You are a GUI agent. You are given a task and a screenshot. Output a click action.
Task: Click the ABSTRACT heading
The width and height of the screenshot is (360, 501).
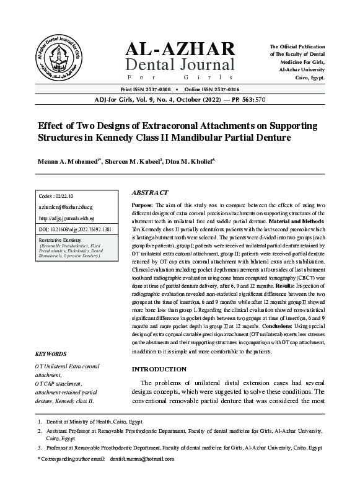(x=150, y=193)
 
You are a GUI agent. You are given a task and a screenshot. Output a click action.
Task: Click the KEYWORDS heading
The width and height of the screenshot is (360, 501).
(x=51, y=354)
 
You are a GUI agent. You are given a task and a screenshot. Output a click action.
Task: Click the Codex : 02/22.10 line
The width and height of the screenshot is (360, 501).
(x=56, y=196)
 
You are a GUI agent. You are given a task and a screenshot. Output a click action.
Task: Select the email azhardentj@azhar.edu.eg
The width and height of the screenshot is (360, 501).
(x=64, y=207)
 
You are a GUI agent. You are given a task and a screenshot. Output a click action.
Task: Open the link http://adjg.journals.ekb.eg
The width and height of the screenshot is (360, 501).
(x=66, y=218)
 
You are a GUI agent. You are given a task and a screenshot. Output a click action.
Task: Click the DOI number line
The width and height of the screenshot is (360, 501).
(x=75, y=229)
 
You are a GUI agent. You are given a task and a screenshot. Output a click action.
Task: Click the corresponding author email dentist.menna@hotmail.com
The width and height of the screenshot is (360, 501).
(x=142, y=459)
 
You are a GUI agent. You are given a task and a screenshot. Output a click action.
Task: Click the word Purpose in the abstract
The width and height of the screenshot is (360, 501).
(x=142, y=204)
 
